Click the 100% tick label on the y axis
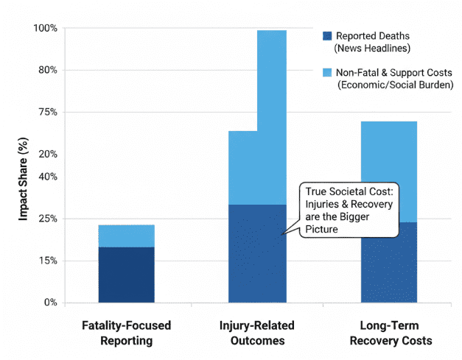tap(45, 28)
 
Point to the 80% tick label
tap(47, 70)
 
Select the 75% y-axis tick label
tap(47, 112)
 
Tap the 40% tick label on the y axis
tap(47, 177)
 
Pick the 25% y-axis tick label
tap(47, 219)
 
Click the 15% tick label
tap(47, 261)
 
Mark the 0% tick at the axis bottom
tap(50, 303)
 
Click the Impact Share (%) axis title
tap(24, 180)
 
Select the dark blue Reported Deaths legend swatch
tap(327, 35)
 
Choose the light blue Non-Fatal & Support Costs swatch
tap(327, 72)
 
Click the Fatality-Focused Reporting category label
tap(127, 333)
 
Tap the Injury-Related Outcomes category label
tap(257, 333)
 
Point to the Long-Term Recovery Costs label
tap(389, 333)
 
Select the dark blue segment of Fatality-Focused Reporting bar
tap(127, 275)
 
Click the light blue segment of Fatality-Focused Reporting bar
tap(127, 236)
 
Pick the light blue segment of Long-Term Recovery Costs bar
tap(389, 172)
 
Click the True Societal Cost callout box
tap(349, 211)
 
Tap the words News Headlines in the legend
tap(372, 49)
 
